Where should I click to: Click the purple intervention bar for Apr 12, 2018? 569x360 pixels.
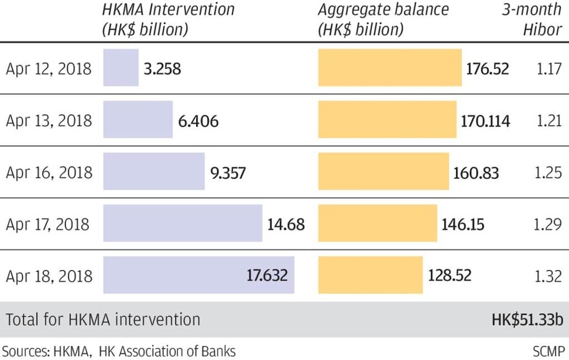tap(121, 68)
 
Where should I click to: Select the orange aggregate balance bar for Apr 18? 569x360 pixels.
tap(370, 275)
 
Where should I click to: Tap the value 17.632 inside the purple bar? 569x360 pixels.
tap(267, 275)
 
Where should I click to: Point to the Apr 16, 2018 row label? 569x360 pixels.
tap(49, 173)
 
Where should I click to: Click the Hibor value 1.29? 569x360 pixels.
tap(548, 224)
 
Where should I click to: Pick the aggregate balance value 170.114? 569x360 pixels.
tap(485, 121)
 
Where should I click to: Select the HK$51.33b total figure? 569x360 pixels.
tap(527, 320)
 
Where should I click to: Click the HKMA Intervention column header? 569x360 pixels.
tap(168, 19)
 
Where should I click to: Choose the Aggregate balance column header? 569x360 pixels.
tap(383, 19)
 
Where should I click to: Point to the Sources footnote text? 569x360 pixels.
tap(119, 351)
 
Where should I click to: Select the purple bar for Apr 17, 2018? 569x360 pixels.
tap(182, 223)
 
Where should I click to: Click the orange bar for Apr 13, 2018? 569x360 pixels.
tap(387, 120)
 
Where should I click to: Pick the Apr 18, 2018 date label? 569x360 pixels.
tap(49, 276)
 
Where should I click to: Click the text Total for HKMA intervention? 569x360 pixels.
tap(103, 320)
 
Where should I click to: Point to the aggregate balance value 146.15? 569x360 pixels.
tap(462, 224)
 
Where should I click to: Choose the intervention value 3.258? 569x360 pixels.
tap(162, 69)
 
